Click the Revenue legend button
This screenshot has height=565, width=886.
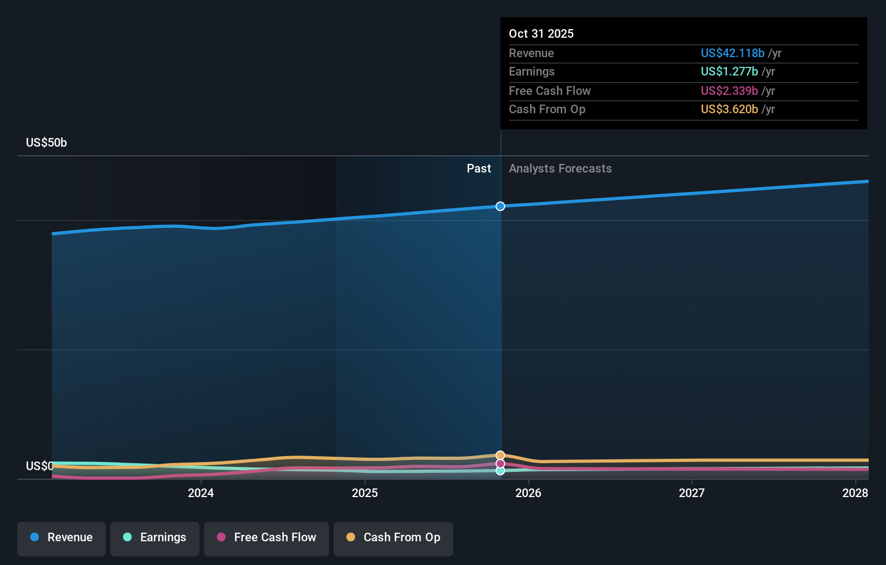[x=62, y=538]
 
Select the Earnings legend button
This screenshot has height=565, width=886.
[x=155, y=538]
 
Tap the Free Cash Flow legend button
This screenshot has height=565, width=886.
[x=267, y=538]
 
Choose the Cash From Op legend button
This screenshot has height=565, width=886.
[x=393, y=538]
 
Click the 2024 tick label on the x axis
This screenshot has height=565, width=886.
[x=201, y=493]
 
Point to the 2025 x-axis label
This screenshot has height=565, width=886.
[x=365, y=493]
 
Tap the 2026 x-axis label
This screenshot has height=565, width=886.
[x=528, y=493]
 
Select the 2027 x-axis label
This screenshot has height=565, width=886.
[x=692, y=493]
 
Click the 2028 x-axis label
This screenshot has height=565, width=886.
[x=855, y=493]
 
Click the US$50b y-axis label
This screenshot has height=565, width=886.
[x=46, y=143]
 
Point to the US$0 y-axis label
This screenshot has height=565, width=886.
[x=39, y=466]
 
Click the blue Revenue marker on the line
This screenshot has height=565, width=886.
[x=500, y=206]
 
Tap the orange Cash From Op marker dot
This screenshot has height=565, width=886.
[x=500, y=456]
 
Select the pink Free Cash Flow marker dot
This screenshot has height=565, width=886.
[x=500, y=464]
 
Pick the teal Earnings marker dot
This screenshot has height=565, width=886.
[x=500, y=471]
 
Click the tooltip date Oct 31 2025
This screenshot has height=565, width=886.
[x=541, y=34]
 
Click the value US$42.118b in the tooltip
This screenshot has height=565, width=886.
[x=732, y=53]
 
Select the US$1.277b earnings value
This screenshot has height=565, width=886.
[x=729, y=72]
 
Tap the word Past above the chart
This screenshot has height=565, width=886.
[x=479, y=169]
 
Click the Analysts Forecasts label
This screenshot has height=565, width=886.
[x=560, y=169]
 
